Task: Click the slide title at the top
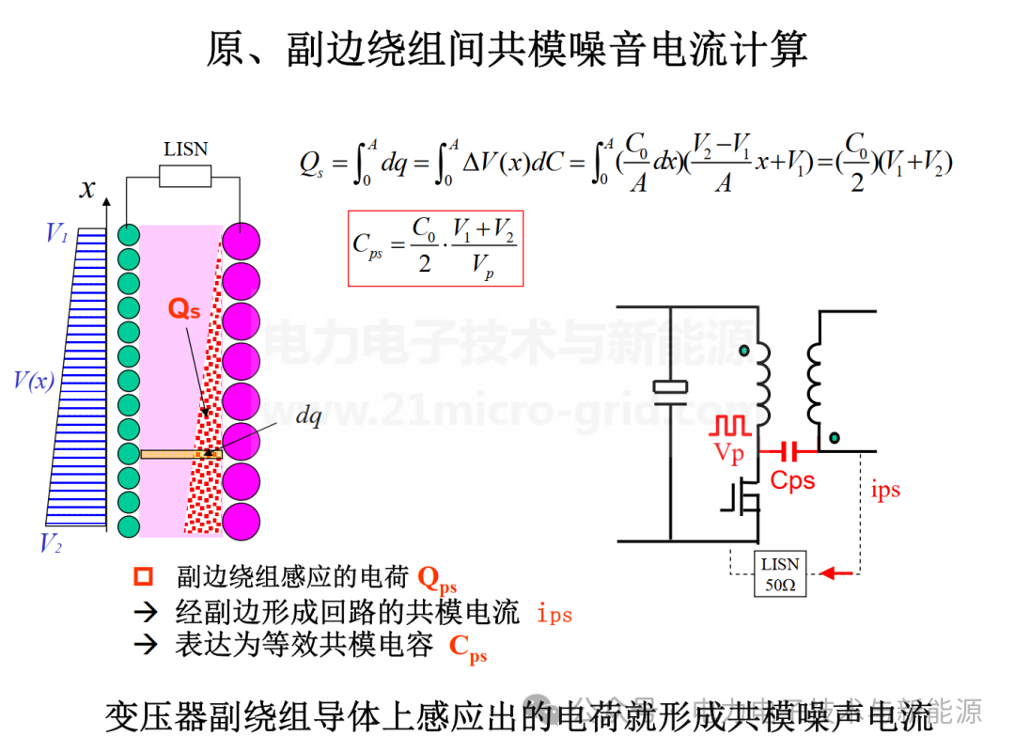[x=507, y=50]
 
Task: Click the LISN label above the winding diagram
[x=185, y=149]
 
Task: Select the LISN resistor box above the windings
[x=185, y=177]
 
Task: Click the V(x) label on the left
[x=34, y=381]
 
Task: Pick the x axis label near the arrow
[x=87, y=189]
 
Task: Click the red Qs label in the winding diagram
[x=184, y=308]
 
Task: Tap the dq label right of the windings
[x=308, y=418]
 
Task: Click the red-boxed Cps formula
[x=434, y=247]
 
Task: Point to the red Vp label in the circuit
[x=729, y=453]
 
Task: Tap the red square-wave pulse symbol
[x=731, y=426]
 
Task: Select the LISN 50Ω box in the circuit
[x=780, y=573]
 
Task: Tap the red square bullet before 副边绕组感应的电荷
[x=144, y=576]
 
